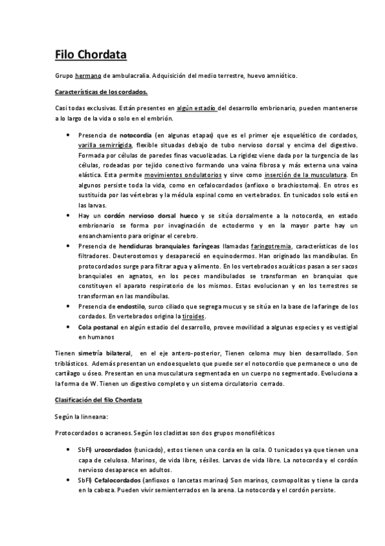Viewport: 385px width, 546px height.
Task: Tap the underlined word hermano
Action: (x=88, y=76)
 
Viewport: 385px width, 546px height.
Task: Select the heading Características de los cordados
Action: (x=102, y=91)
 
